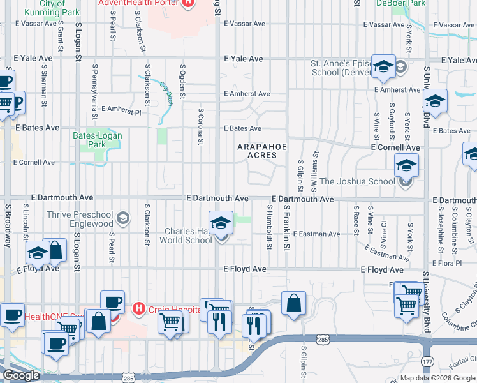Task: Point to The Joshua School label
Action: tap(357, 181)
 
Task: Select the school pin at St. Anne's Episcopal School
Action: tap(383, 66)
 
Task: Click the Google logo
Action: tap(21, 375)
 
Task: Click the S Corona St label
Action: tap(200, 126)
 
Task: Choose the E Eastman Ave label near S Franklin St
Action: tap(317, 234)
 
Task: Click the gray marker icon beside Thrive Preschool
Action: tap(122, 219)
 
